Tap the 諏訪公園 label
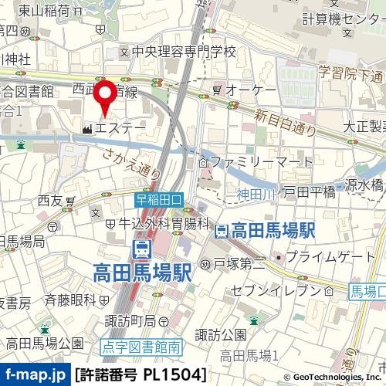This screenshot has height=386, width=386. click(x=219, y=334)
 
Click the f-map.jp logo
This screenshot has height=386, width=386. click(x=34, y=375)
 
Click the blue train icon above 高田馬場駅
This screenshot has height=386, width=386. click(x=142, y=249)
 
